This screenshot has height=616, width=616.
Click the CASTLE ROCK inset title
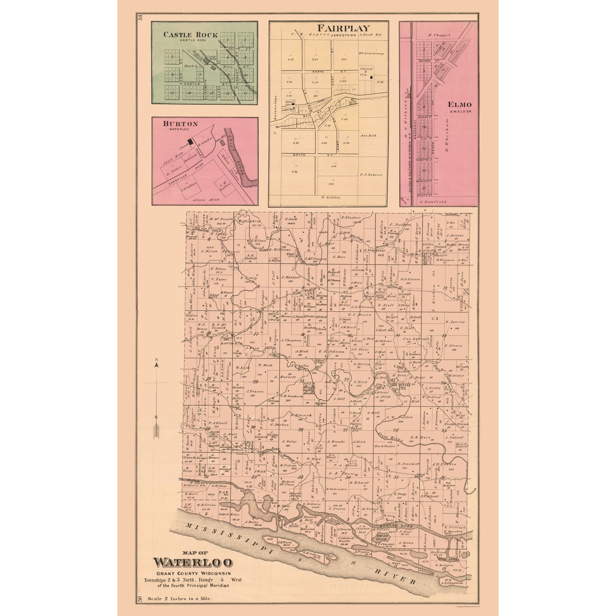pos(191,35)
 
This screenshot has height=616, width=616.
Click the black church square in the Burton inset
pos(191,141)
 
